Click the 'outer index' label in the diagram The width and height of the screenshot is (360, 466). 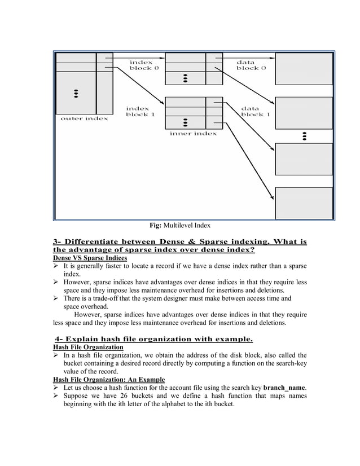(84, 118)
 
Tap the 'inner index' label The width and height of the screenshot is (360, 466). (193, 134)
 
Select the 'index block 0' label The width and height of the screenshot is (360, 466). (144, 65)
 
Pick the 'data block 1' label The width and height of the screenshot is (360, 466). (256, 111)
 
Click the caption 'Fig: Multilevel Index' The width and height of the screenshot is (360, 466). (179, 226)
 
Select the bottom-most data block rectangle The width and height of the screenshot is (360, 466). (304, 203)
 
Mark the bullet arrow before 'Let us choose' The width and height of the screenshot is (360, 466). (56, 388)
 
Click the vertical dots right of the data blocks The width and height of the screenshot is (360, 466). (304, 136)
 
